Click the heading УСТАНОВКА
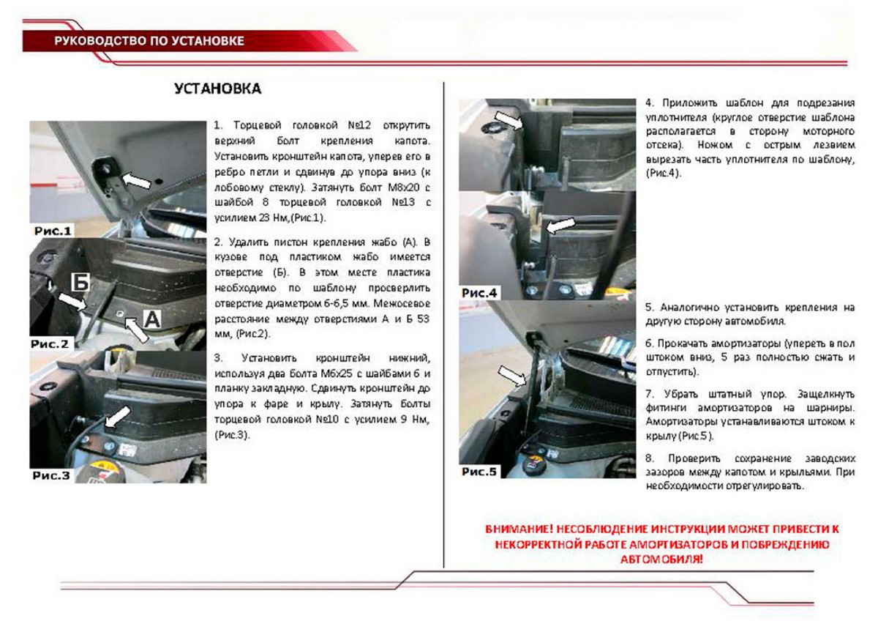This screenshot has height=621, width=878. pyautogui.click(x=217, y=89)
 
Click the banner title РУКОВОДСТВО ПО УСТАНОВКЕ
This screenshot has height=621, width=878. pyautogui.click(x=149, y=41)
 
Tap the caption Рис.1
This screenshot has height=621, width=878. pyautogui.click(x=53, y=231)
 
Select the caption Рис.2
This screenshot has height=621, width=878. pyautogui.click(x=50, y=343)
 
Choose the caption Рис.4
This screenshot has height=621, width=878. pyautogui.click(x=479, y=293)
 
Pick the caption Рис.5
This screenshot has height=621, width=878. pyautogui.click(x=479, y=472)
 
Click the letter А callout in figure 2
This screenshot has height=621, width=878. pyautogui.click(x=150, y=318)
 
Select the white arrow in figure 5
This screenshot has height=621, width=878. pyautogui.click(x=512, y=376)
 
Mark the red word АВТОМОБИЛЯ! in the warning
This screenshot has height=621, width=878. pyautogui.click(x=661, y=559)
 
